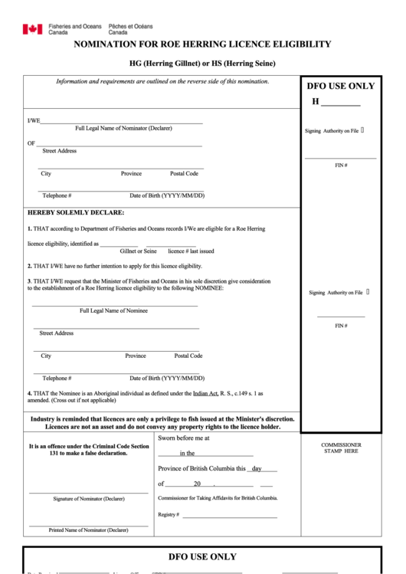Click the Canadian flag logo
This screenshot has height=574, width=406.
click(x=32, y=29)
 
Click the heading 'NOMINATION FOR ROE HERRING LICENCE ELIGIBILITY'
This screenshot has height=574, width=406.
click(x=202, y=44)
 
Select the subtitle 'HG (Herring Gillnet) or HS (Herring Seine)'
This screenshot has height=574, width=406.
click(x=202, y=63)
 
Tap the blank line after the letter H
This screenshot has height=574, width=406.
click(x=341, y=103)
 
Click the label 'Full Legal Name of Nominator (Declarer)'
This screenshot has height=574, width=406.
click(x=123, y=127)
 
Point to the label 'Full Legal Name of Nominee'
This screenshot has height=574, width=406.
click(x=114, y=310)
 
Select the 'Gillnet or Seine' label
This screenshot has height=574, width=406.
click(x=138, y=251)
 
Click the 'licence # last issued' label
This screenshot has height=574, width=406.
click(x=191, y=251)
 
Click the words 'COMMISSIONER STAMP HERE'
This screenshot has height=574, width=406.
click(x=341, y=448)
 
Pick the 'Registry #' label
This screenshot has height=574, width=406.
click(x=169, y=513)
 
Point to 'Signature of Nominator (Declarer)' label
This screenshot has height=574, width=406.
click(x=89, y=499)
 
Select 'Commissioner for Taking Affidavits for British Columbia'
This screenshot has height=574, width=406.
click(x=218, y=498)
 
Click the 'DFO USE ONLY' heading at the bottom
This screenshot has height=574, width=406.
click(x=202, y=556)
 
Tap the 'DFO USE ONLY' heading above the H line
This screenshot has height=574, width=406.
click(x=341, y=86)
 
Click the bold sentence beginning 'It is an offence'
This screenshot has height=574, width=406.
click(x=89, y=450)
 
